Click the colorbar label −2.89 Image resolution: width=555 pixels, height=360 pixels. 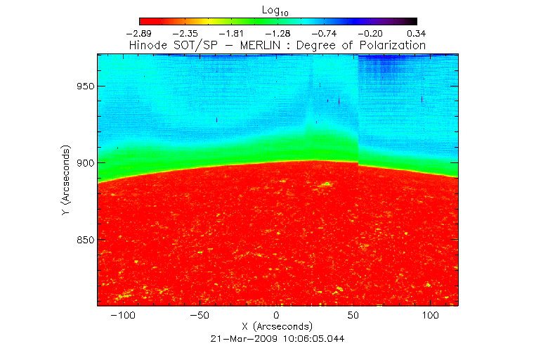coord(140,33)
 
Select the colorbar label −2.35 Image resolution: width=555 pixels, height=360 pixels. coord(186,33)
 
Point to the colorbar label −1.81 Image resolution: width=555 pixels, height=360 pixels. coord(233,33)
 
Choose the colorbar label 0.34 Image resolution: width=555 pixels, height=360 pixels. coord(417,33)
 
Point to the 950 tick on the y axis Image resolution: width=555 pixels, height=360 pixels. coord(85,86)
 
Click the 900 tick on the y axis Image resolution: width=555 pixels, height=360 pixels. coord(85,162)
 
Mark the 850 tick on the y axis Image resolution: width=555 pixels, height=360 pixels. coord(85,240)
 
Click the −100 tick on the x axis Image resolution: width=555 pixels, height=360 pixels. coord(123,315)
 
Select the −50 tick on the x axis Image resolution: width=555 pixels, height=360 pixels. coord(200,315)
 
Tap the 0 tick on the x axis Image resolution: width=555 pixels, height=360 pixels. coord(277,315)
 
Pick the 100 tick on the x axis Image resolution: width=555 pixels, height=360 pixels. coord(429,315)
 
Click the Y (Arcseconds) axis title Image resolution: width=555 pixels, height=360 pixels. coord(65,181)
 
